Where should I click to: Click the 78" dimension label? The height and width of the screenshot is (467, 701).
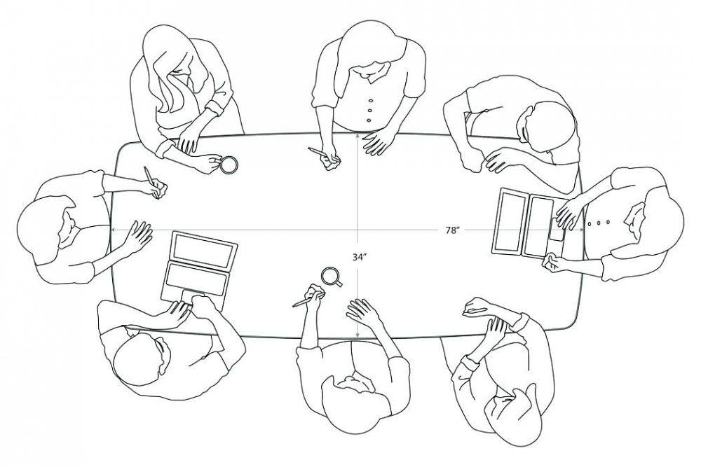point(452,230)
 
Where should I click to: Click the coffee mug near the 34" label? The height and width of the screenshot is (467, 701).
point(332,277)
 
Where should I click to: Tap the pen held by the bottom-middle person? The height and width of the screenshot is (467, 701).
point(304,301)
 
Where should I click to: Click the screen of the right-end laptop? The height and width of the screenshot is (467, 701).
point(508,222)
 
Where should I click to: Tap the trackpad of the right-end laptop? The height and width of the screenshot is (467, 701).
point(557,232)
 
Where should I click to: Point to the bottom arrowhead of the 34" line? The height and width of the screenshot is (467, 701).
point(358,335)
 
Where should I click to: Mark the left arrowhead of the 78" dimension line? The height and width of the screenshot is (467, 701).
point(114,230)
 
